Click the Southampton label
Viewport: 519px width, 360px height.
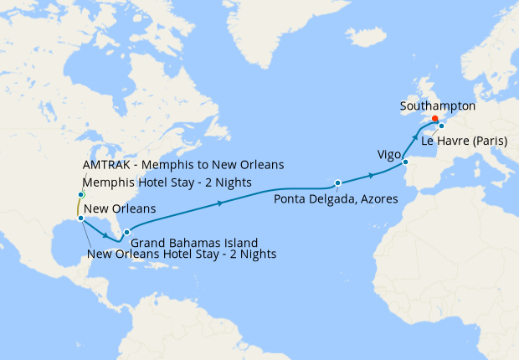coord(438,106)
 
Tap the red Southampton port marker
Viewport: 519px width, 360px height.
coord(434,119)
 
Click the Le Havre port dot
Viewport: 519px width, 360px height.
coord(441,126)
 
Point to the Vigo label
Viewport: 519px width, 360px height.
coord(390,155)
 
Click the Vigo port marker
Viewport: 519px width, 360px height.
coord(405,162)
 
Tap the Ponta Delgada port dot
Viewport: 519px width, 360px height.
coord(337,182)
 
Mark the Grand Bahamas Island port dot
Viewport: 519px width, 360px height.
coord(126,232)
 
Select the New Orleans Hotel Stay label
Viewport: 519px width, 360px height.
coord(182,254)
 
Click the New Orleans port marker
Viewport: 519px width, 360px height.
coord(80,218)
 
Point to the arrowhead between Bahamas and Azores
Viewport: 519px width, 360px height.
coord(220,203)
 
